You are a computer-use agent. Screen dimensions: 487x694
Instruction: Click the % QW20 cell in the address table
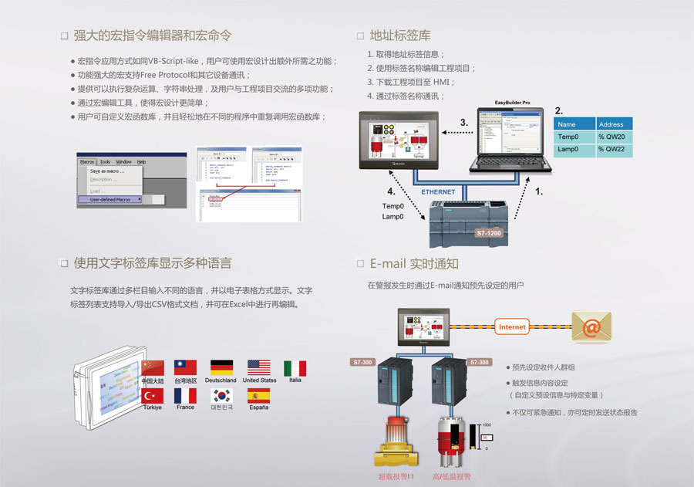pyautogui.click(x=615, y=137)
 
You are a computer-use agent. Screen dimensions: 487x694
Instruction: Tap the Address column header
pyautogui.click(x=615, y=123)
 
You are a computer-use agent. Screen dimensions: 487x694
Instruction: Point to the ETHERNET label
pyautogui.click(x=438, y=191)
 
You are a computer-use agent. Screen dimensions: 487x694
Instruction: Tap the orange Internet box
pyautogui.click(x=512, y=326)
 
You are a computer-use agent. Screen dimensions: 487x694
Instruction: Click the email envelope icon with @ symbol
pyautogui.click(x=591, y=327)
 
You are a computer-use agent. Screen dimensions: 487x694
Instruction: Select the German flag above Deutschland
pyautogui.click(x=222, y=367)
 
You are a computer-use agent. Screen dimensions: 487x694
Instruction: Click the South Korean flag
pyautogui.click(x=222, y=395)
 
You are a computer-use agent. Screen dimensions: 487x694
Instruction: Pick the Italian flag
pyautogui.click(x=295, y=368)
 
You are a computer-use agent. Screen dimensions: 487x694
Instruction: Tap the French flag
pyautogui.click(x=185, y=395)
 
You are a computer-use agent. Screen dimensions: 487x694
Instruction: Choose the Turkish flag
pyautogui.click(x=153, y=395)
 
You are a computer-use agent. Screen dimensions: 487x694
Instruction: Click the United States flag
pyautogui.click(x=258, y=367)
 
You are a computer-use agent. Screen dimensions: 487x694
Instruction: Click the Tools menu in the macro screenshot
pyautogui.click(x=106, y=162)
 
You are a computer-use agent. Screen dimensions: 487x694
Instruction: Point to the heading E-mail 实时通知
pyautogui.click(x=414, y=263)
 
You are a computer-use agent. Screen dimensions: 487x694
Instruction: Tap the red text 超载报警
pyautogui.click(x=396, y=477)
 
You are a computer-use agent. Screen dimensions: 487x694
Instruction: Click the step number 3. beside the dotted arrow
pyautogui.click(x=464, y=123)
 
